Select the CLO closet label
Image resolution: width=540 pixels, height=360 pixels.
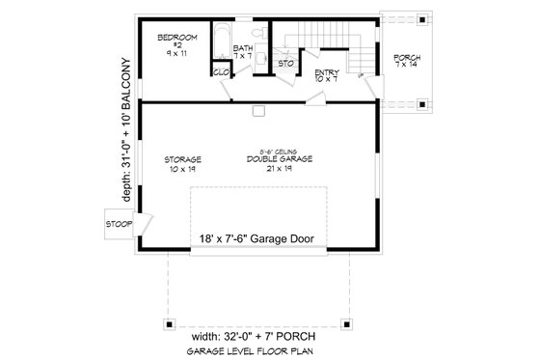219,70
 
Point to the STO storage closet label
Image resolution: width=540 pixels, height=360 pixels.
285,64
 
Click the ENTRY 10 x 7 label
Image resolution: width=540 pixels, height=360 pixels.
325,75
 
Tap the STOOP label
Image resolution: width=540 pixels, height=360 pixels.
120,225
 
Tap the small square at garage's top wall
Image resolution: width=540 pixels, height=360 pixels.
257,111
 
